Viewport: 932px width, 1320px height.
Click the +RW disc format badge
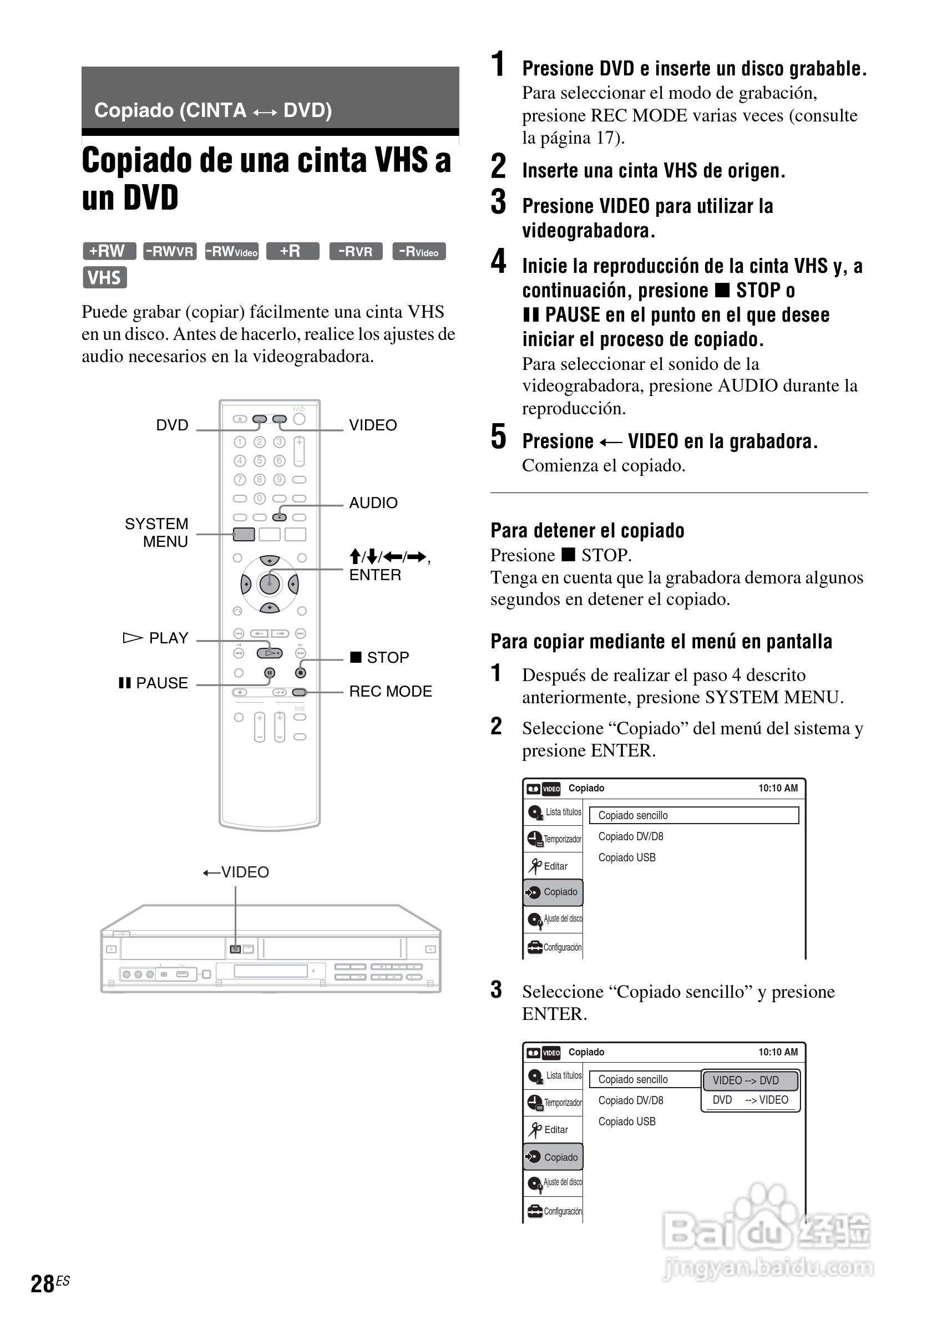[x=109, y=251]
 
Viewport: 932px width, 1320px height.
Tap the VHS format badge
[x=104, y=278]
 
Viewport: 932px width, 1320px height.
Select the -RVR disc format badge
[x=355, y=251]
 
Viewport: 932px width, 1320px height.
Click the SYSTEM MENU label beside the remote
[x=156, y=532]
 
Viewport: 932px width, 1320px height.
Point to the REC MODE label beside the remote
[x=391, y=691]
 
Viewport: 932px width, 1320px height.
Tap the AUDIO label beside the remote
[x=373, y=502]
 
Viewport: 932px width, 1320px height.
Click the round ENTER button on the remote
[x=270, y=584]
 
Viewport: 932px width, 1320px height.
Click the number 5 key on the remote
[x=260, y=460]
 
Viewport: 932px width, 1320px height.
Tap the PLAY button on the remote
[x=270, y=653]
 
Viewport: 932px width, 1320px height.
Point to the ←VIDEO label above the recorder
[x=236, y=872]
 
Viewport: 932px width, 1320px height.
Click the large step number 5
[x=499, y=436]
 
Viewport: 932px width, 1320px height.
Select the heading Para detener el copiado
[x=587, y=530]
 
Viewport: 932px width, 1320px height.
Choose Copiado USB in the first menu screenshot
[x=627, y=857]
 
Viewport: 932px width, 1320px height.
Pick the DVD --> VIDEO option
[x=749, y=1100]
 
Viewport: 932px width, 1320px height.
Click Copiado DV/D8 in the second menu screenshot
[x=631, y=1100]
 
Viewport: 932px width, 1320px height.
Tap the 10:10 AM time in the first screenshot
[x=777, y=788]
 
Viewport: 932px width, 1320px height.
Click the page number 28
[x=43, y=1283]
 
